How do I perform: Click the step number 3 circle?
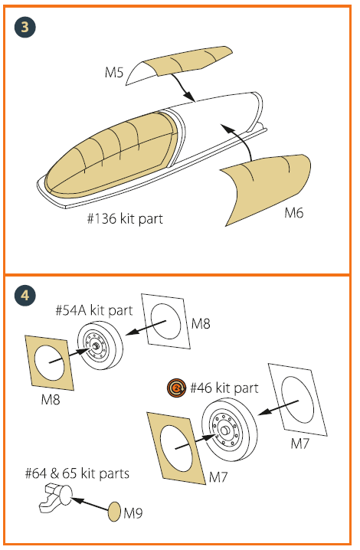coord(25,27)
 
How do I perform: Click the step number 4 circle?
coord(25,296)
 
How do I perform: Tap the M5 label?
coord(114,73)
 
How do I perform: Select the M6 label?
coord(293,213)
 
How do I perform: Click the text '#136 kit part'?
coord(126,218)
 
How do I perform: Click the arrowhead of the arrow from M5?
coord(190,97)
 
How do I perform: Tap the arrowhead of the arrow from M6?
coord(227,129)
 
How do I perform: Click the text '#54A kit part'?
coord(94,310)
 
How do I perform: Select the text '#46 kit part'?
coord(224,388)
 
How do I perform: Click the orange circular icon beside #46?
coord(176,388)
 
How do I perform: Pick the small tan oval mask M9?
coord(114,512)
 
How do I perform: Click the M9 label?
coord(133,513)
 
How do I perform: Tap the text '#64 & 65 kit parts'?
coord(77,473)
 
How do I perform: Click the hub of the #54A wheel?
coord(96,346)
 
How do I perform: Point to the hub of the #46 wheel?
coord(225,430)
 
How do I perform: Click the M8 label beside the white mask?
coord(201,323)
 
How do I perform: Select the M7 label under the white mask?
coord(300,444)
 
